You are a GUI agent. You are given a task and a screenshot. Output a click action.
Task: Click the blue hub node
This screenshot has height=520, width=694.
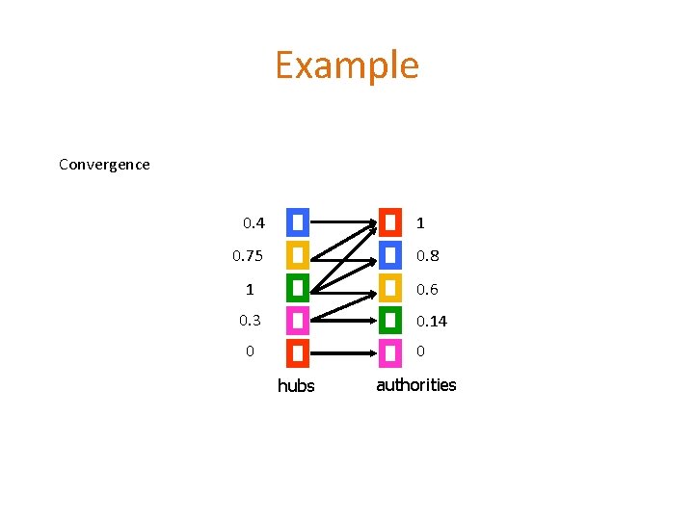pyautogui.click(x=298, y=222)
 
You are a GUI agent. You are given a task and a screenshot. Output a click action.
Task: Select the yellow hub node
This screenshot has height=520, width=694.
pyautogui.click(x=298, y=255)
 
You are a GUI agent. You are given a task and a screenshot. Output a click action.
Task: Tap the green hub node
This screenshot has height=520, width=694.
pyautogui.click(x=298, y=288)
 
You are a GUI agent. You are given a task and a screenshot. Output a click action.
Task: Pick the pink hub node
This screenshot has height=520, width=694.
pyautogui.click(x=298, y=320)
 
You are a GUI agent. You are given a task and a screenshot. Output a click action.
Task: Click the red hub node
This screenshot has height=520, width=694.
pyautogui.click(x=298, y=352)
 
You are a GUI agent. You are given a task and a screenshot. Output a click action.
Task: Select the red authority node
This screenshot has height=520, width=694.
pyautogui.click(x=390, y=222)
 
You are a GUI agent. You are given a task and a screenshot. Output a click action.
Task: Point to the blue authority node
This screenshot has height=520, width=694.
pyautogui.click(x=390, y=255)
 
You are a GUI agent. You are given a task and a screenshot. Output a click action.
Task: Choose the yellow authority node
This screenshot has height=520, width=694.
pyautogui.click(x=390, y=288)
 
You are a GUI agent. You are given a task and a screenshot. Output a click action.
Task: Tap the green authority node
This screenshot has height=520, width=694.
pyautogui.click(x=390, y=320)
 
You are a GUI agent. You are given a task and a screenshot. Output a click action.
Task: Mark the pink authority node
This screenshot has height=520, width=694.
pyautogui.click(x=390, y=352)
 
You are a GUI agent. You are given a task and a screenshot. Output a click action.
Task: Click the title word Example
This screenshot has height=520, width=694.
pyautogui.click(x=347, y=65)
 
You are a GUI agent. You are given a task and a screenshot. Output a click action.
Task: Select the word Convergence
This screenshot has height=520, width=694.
pyautogui.click(x=104, y=165)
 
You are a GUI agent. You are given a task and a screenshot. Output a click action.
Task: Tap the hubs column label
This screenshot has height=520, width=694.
pyautogui.click(x=296, y=386)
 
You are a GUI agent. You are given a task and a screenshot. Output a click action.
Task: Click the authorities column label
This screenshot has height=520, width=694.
pyautogui.click(x=416, y=385)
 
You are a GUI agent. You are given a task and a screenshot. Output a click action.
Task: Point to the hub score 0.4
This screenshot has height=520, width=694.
pyautogui.click(x=254, y=223)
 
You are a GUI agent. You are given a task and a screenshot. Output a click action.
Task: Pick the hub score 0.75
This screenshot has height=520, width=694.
pyautogui.click(x=248, y=256)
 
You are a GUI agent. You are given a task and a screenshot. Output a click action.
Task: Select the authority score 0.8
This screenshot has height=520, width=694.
pyautogui.click(x=427, y=256)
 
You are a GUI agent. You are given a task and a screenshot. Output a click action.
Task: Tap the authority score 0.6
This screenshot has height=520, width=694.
pyautogui.click(x=427, y=289)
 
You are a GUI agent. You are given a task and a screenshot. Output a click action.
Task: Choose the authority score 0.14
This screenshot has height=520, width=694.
pyautogui.click(x=432, y=321)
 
